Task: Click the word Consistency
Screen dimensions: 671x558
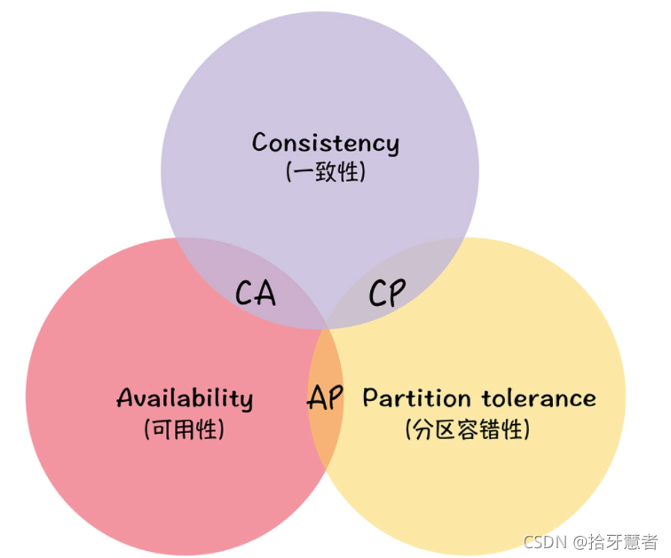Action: (x=325, y=143)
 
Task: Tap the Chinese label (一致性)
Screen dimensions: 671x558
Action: (x=325, y=170)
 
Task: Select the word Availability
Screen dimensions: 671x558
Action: (x=185, y=398)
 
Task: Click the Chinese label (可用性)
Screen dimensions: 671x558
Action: (x=185, y=429)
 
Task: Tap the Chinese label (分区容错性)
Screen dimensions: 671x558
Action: (x=468, y=429)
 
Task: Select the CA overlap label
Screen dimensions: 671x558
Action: (x=256, y=292)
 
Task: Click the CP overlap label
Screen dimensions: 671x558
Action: (x=387, y=292)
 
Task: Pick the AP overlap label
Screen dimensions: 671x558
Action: (x=325, y=398)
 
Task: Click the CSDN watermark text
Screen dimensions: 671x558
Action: (x=544, y=541)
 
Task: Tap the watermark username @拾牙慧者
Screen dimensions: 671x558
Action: (x=614, y=541)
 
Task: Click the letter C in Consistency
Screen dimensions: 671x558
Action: (x=260, y=142)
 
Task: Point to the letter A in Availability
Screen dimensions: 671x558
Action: (x=125, y=397)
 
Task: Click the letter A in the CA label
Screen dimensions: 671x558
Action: (x=266, y=292)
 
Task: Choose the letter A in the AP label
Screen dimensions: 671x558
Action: (x=315, y=398)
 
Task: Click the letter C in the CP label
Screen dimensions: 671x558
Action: (x=376, y=292)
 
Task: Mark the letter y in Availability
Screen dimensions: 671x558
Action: (x=246, y=402)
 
